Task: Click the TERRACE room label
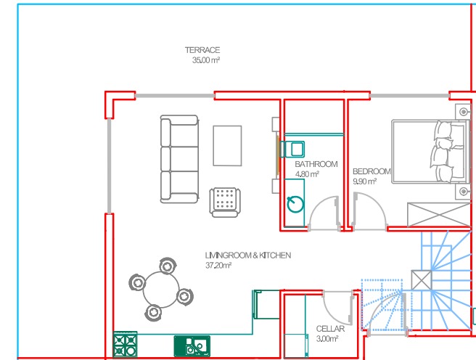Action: point(202,50)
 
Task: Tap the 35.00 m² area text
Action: point(206,60)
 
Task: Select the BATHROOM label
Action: point(316,164)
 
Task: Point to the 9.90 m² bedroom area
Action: point(364,181)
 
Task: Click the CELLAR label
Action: point(330,329)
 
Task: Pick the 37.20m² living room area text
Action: point(218,266)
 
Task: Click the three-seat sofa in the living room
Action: point(179,159)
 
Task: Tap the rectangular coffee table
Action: point(227,146)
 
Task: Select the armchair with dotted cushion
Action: point(225,202)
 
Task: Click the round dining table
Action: point(161,290)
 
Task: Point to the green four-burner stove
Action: point(125,344)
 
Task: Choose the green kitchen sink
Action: point(192,346)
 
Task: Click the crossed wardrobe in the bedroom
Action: point(439,215)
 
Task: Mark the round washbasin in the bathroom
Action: point(295,204)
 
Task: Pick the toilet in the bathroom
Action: point(292,149)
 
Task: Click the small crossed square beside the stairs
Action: point(422,280)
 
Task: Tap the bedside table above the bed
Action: point(463,111)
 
